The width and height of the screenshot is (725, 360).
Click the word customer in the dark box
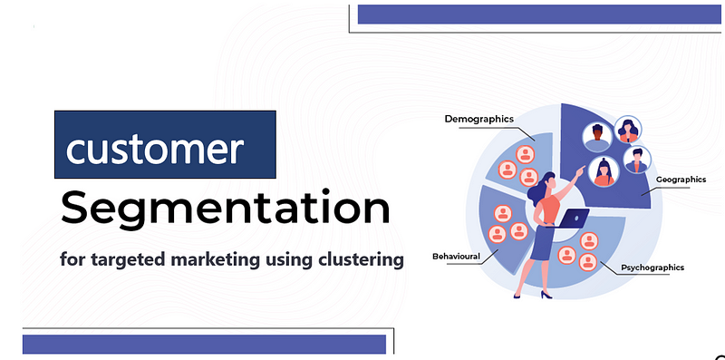tap(153, 148)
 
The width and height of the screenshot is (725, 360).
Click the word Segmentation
tap(225, 209)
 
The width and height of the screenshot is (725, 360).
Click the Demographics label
tap(478, 119)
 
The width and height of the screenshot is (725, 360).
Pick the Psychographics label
tap(652, 268)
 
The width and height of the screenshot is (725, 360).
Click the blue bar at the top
tap(534, 15)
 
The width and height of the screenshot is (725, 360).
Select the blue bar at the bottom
tap(205, 344)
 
